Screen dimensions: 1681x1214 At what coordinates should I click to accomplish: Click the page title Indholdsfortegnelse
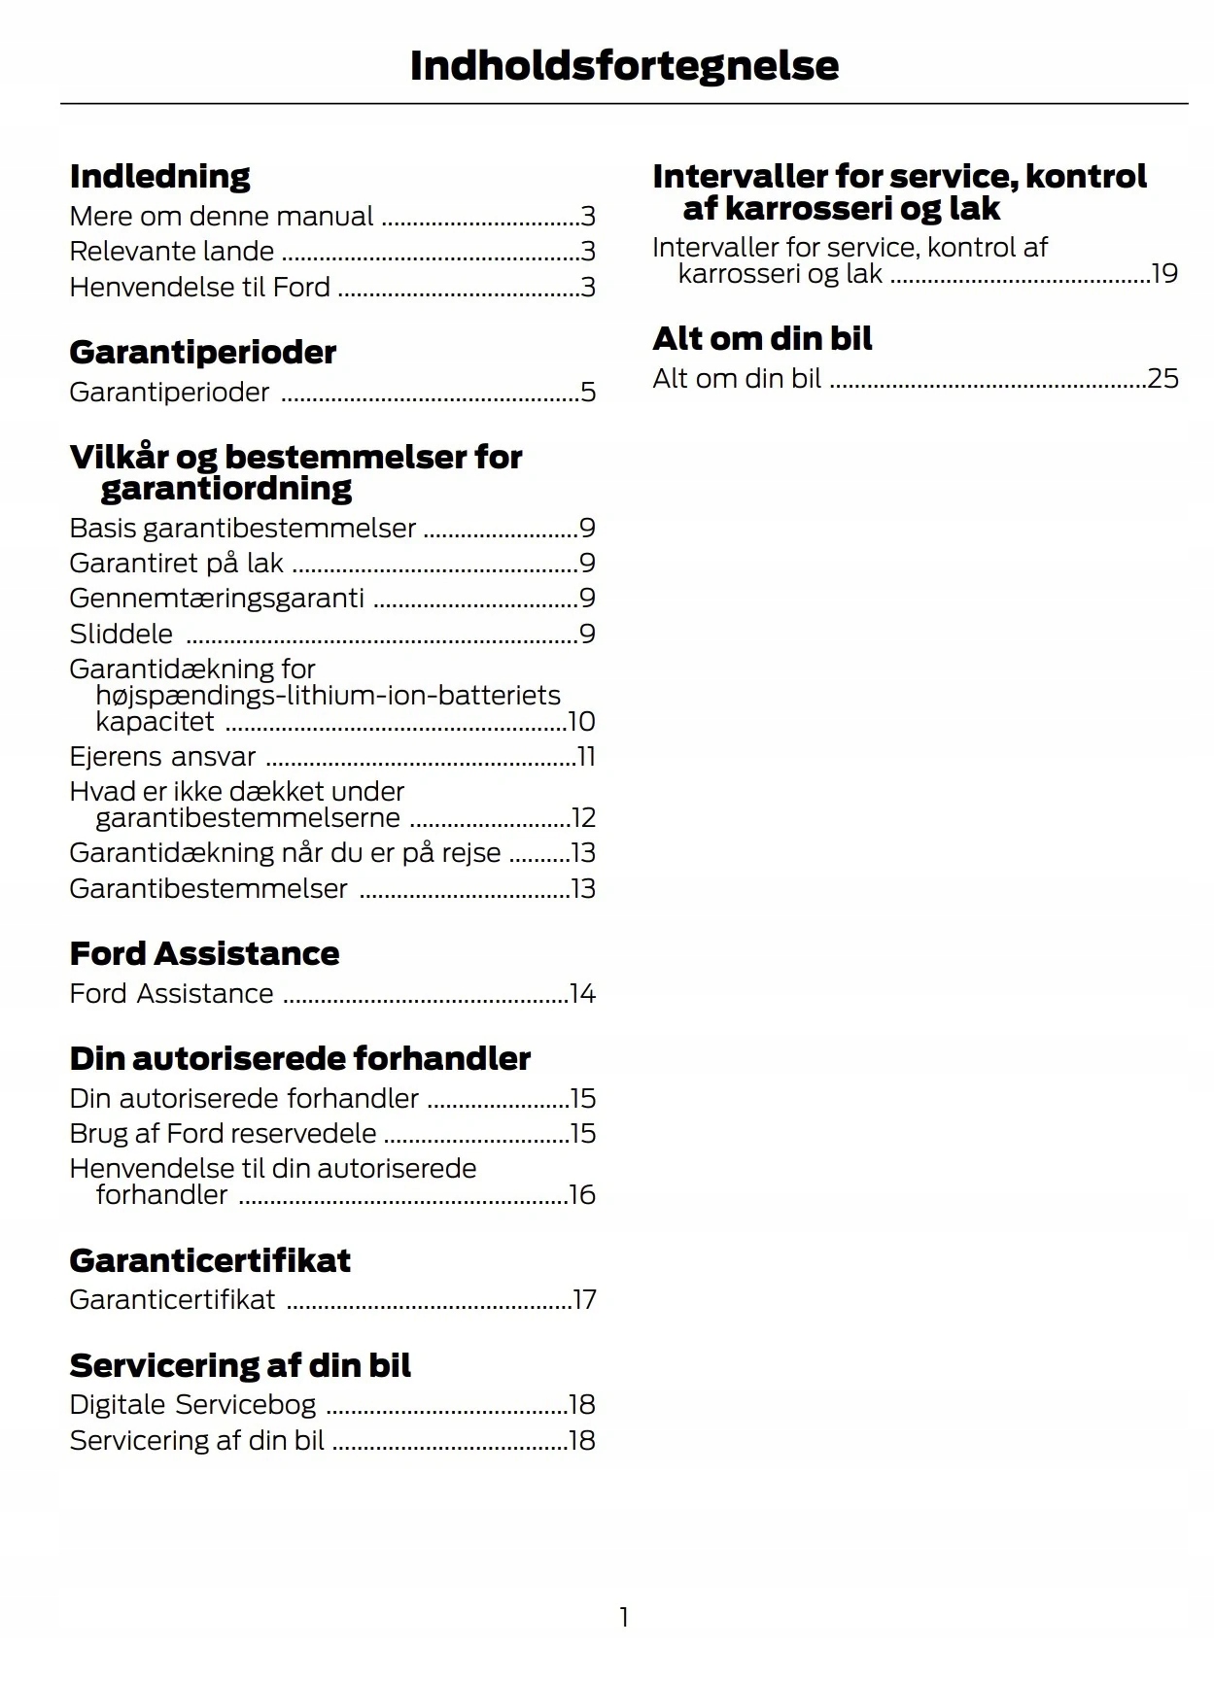pyautogui.click(x=624, y=66)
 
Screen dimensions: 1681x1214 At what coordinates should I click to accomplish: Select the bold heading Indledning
pyautogui.click(x=160, y=177)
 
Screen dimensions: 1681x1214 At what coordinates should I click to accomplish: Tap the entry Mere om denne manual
pyautogui.click(x=222, y=216)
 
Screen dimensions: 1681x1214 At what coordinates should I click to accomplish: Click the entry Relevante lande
pyautogui.click(x=172, y=252)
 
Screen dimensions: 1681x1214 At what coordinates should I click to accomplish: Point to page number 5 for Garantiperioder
pyautogui.click(x=587, y=393)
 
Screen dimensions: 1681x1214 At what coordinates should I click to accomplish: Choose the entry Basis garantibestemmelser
pyautogui.click(x=243, y=529)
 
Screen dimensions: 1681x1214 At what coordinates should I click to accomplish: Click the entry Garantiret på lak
pyautogui.click(x=177, y=564)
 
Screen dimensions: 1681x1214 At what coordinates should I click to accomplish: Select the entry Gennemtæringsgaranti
pyautogui.click(x=217, y=599)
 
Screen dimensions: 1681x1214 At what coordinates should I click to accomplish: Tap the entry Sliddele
pyautogui.click(x=121, y=635)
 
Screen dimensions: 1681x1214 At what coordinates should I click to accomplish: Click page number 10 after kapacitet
pyautogui.click(x=581, y=722)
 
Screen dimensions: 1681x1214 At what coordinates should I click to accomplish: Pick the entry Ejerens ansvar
pyautogui.click(x=162, y=757)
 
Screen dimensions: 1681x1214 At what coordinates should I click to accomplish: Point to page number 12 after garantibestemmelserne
pyautogui.click(x=583, y=818)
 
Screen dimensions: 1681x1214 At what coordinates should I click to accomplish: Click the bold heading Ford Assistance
pyautogui.click(x=204, y=954)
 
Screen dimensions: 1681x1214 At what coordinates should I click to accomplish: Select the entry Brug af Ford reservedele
pyautogui.click(x=223, y=1134)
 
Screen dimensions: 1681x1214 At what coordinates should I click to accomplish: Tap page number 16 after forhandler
pyautogui.click(x=582, y=1195)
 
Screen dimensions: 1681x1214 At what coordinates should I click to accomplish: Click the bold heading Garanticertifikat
pyautogui.click(x=210, y=1261)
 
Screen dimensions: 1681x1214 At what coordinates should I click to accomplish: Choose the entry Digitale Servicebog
pyautogui.click(x=192, y=1405)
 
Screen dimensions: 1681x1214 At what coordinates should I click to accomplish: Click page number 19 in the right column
pyautogui.click(x=1164, y=274)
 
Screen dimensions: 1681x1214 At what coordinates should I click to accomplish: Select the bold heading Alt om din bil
pyautogui.click(x=762, y=339)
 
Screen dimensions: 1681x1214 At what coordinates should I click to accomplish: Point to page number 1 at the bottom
pyautogui.click(x=624, y=1617)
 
